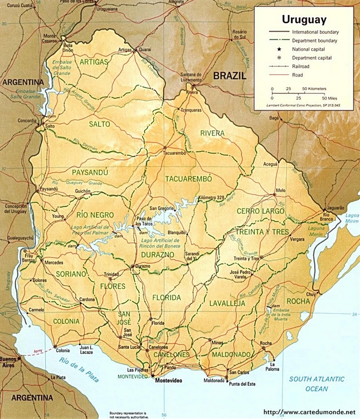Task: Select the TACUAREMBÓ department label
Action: coord(188,178)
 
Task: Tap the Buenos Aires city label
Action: coord(9,361)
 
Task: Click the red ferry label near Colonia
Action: coord(39,352)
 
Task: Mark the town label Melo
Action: coord(281,191)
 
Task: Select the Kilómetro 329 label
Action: coord(212,199)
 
